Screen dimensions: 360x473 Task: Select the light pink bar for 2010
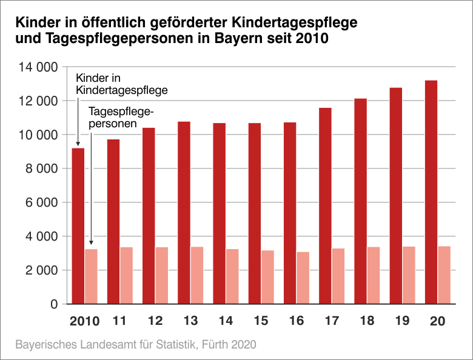tap(91, 276)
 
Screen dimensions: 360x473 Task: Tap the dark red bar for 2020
tap(431, 192)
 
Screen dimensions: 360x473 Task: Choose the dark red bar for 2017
tap(325, 205)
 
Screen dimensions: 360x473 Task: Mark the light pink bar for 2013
tap(197, 275)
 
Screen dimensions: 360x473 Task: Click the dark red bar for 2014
tap(219, 213)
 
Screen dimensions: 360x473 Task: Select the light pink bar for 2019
tap(409, 275)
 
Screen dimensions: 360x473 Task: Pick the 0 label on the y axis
tap(53, 304)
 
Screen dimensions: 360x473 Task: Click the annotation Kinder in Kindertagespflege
tap(121, 84)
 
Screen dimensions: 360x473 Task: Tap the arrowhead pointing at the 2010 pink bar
tap(90, 242)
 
